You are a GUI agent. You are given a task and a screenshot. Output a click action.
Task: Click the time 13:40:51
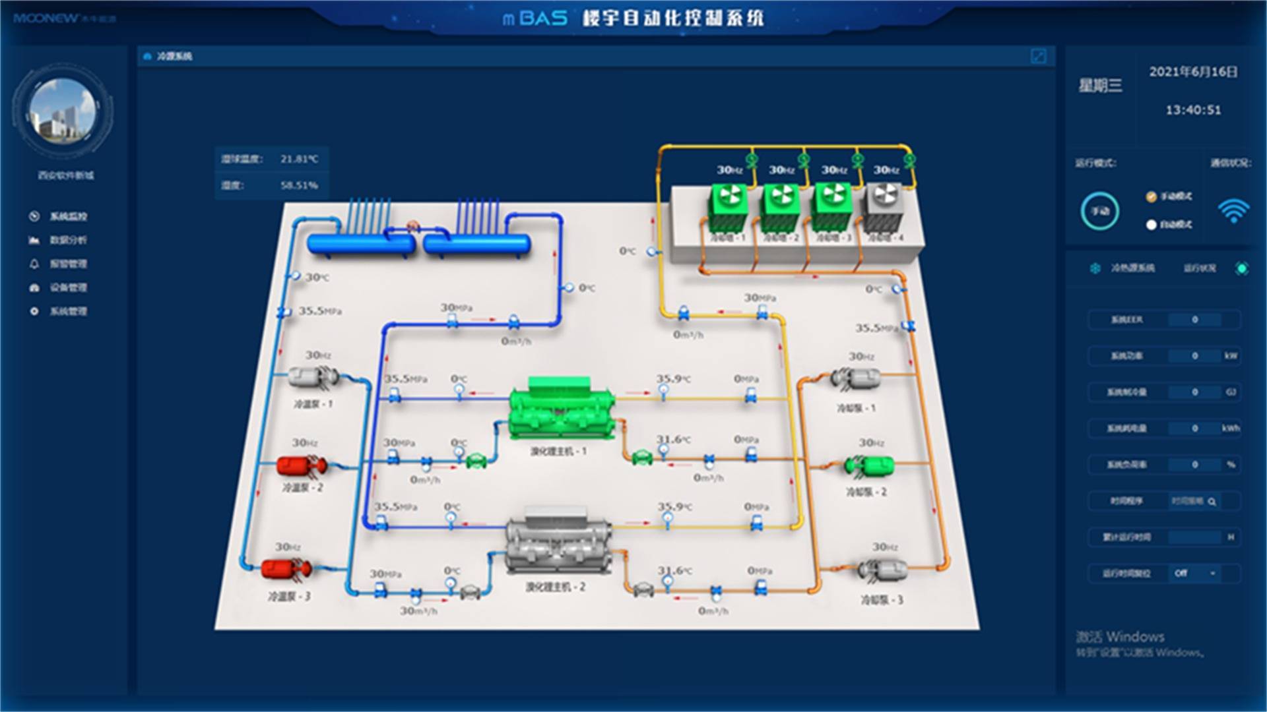pos(1193,110)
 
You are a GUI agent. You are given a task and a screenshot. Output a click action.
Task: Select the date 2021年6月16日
pos(1193,72)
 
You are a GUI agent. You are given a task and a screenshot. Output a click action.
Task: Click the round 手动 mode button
pos(1099,211)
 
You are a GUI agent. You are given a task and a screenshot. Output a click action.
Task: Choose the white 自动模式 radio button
pos(1152,225)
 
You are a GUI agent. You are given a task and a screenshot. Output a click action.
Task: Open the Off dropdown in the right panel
pos(1195,573)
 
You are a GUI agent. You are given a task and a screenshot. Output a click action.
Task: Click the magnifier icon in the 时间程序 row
pos(1212,502)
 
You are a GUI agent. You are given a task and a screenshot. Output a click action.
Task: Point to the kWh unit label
pos(1231,429)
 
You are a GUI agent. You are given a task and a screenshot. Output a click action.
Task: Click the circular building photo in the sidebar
pos(63,109)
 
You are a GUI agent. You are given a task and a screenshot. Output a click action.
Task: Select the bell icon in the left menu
pos(34,264)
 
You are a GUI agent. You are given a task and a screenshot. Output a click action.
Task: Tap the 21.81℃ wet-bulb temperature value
pos(299,159)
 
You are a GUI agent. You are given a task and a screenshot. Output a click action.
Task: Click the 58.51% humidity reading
pos(299,185)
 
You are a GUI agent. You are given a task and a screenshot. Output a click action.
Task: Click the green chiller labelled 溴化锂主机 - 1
pos(560,409)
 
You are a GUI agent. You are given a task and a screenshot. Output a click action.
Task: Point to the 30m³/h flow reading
pos(418,611)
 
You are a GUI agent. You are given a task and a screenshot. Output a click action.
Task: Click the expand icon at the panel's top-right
pos(1038,57)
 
